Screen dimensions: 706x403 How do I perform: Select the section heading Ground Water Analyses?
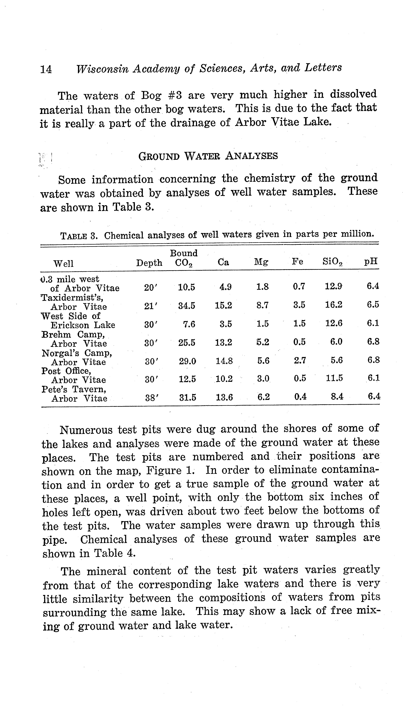208,156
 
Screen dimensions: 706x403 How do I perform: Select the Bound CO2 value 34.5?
186,306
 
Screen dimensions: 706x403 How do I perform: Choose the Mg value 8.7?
262,305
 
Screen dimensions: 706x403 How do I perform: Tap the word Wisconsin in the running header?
102,69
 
